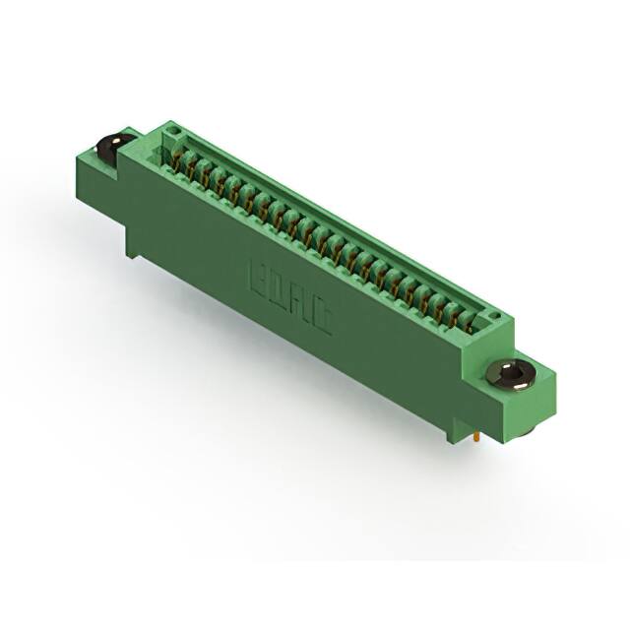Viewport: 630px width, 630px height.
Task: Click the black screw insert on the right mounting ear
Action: click(x=512, y=373)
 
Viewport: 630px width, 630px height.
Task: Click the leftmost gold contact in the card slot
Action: click(x=180, y=157)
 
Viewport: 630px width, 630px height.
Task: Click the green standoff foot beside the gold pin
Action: click(x=454, y=426)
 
